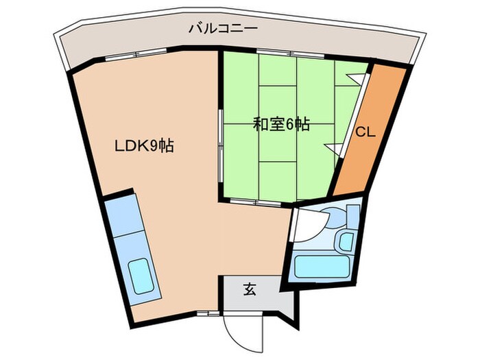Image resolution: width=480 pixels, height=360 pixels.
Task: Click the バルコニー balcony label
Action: point(223,29)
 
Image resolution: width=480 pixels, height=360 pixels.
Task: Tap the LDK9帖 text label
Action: point(144,145)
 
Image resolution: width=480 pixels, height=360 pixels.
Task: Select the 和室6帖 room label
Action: point(281,124)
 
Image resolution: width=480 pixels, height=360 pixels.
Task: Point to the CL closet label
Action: point(365,132)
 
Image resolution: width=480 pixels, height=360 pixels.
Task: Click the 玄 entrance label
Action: point(250,289)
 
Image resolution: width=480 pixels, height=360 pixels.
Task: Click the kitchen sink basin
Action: point(141,276)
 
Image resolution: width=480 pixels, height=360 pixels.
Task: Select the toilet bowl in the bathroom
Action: point(337,216)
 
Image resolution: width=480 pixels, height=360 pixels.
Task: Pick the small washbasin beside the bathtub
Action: point(346,241)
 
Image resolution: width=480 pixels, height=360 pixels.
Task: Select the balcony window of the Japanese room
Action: point(290,53)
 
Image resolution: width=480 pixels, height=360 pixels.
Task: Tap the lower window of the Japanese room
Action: point(256,202)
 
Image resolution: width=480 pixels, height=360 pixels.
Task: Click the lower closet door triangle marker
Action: point(335,149)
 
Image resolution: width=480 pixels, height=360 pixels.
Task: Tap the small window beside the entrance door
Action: point(208,313)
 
